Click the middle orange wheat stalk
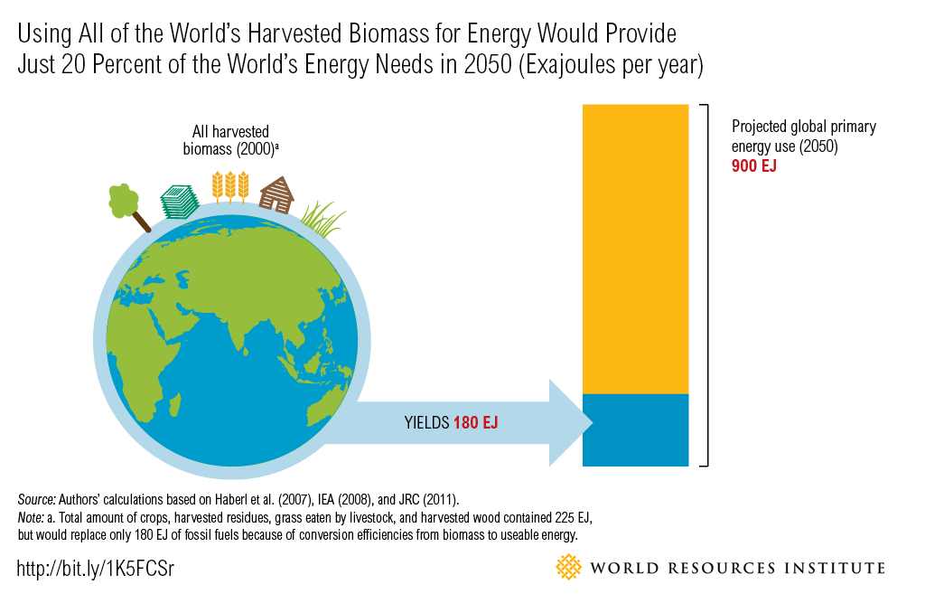pos(229,185)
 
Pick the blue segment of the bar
pos(635,429)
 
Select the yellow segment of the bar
pos(635,249)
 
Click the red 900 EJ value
pos(754,166)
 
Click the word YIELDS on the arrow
pos(426,422)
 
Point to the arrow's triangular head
pos(569,422)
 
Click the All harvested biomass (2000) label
pos(230,141)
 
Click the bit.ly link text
pos(95,569)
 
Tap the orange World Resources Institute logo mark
pos(568,568)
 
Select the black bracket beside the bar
pos(705,285)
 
